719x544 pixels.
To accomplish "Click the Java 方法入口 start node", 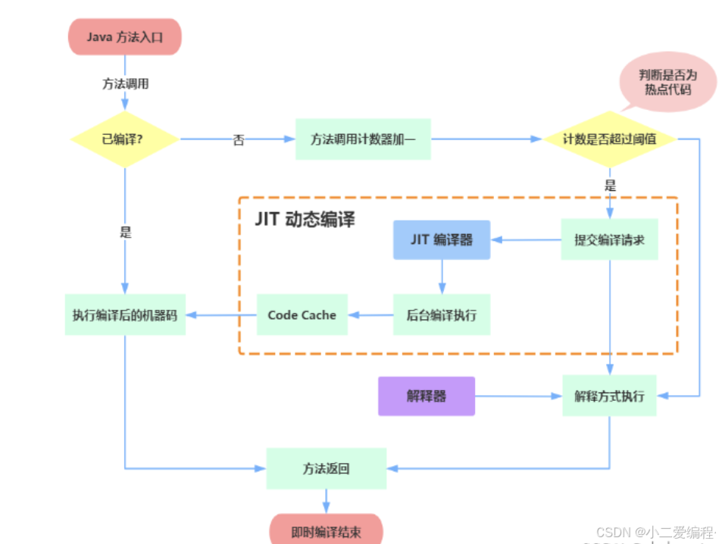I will click(125, 36).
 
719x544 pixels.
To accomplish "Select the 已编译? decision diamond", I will click(125, 139).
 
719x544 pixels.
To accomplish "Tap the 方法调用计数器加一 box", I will click(363, 139).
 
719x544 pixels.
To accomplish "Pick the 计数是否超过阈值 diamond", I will click(609, 139).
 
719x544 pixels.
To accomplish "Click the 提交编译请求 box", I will click(609, 239).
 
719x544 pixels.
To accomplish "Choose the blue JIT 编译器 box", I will click(442, 239).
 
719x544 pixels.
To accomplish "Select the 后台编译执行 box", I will click(442, 315).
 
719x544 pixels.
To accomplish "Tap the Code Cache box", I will click(302, 315).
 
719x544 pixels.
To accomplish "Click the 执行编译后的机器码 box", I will click(125, 315).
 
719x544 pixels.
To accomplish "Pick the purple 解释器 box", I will click(427, 395).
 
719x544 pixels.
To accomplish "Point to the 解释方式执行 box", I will click(609, 395).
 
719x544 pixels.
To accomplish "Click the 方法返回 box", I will click(327, 468).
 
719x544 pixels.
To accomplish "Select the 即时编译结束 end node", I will click(327, 531).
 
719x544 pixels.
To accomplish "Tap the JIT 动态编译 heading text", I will click(305, 219).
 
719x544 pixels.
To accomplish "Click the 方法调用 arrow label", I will click(125, 83).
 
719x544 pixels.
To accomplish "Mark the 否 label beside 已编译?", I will click(239, 140).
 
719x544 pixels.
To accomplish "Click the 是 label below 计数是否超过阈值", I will click(610, 186).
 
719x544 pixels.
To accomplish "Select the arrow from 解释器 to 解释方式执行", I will click(518, 395).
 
